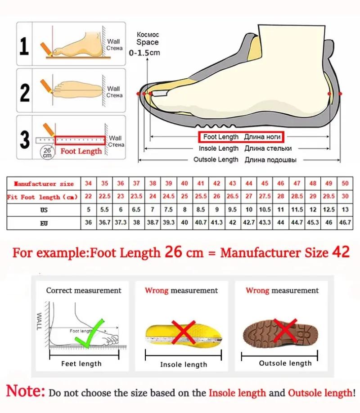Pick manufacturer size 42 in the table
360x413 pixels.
point(216,184)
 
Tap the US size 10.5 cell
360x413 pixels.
point(265,210)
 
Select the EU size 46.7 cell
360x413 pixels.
point(345,223)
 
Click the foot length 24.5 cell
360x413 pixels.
point(168,197)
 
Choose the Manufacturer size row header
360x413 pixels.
point(44,184)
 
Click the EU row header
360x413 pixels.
point(44,223)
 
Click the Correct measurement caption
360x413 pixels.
point(84,291)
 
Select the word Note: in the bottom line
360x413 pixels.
point(26,391)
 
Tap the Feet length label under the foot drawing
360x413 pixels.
point(81,364)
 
